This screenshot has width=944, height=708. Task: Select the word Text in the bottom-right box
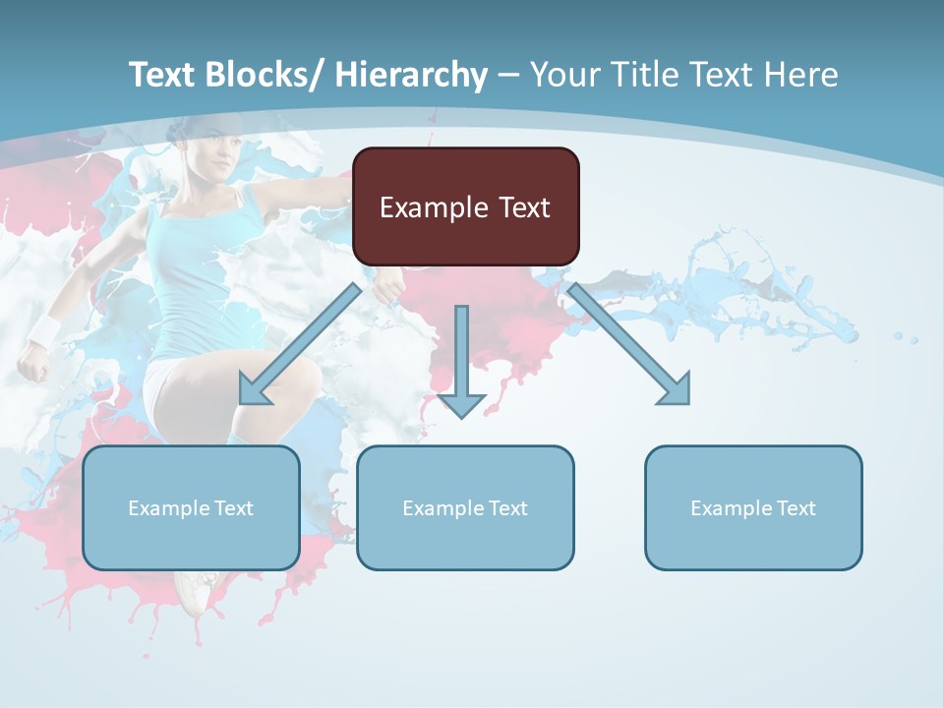(796, 508)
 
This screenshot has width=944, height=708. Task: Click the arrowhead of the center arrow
(461, 404)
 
